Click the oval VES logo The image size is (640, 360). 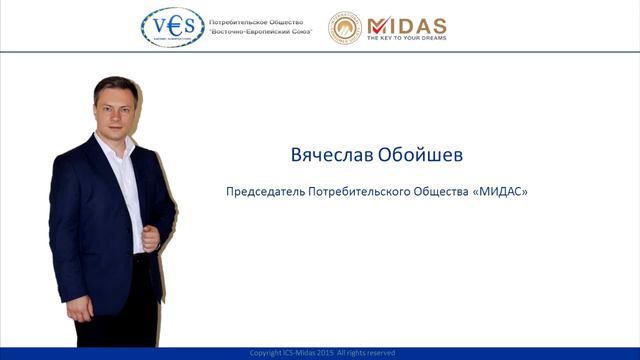coord(171,27)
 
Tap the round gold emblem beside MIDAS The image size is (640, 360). coord(345,27)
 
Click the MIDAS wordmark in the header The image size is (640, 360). coord(407,23)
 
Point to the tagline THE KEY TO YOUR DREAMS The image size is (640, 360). coord(407,38)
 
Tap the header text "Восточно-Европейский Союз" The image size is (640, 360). coord(259,32)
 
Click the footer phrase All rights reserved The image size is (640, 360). coord(372,353)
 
